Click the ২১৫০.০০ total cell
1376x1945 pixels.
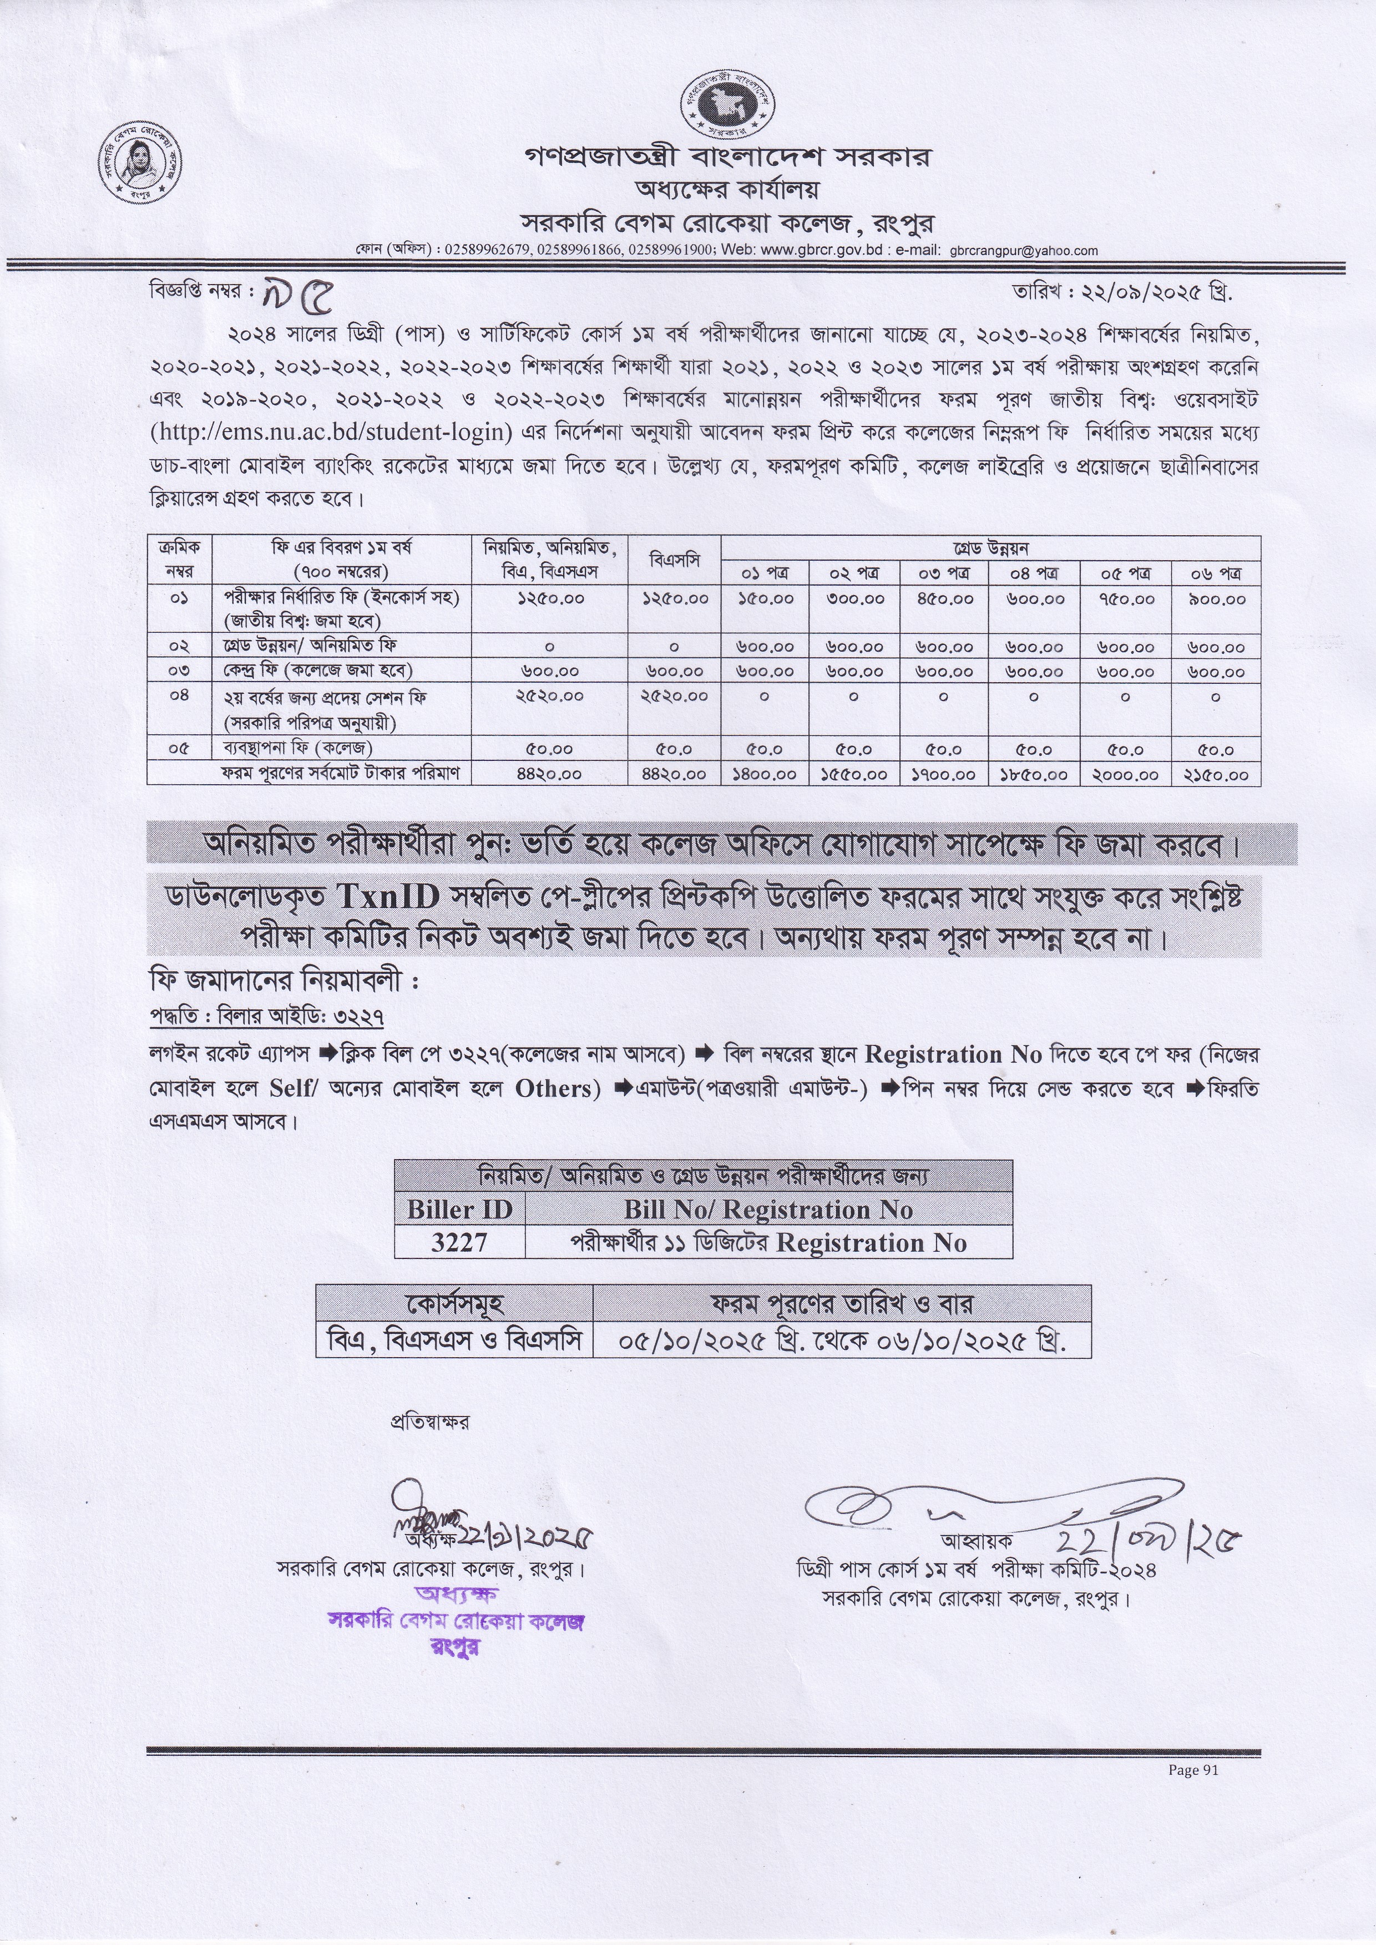point(1216,774)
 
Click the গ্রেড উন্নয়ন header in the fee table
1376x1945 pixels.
point(990,547)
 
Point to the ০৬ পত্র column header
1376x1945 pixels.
point(1216,573)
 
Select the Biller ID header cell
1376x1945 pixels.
point(459,1209)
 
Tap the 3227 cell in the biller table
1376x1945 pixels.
point(459,1243)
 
